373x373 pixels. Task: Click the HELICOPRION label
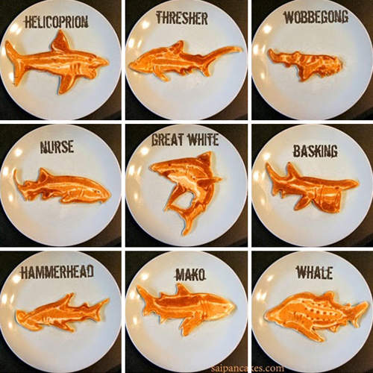point(57,22)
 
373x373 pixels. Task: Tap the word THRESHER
point(182,18)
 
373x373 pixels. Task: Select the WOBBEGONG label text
point(316,17)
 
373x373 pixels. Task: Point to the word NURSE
point(57,146)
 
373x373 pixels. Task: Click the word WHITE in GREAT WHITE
point(203,140)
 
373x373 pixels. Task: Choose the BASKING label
point(316,151)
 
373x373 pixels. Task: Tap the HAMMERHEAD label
point(57,272)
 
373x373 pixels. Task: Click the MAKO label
point(191,275)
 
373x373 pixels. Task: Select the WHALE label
point(314,272)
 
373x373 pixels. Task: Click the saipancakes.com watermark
point(248,368)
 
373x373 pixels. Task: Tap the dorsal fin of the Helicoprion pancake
point(61,42)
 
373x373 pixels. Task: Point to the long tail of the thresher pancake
point(219,54)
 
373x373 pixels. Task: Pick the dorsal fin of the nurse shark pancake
point(45,175)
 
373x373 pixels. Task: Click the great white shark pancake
point(185,189)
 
